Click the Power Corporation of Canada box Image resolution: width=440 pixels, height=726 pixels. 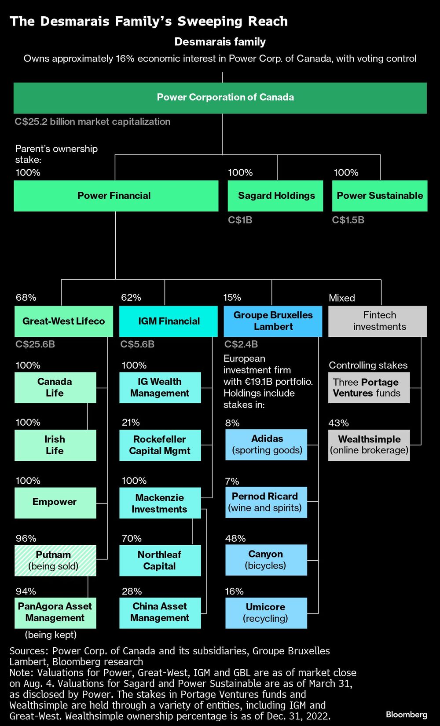click(x=220, y=98)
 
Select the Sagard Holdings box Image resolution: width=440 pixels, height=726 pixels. click(x=275, y=196)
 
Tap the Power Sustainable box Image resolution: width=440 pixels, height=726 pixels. click(x=380, y=196)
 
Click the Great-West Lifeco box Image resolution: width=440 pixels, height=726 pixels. click(x=64, y=321)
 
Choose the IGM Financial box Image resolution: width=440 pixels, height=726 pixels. click(x=168, y=321)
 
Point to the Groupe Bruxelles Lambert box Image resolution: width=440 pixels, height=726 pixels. click(x=273, y=321)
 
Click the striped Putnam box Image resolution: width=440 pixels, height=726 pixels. click(x=55, y=560)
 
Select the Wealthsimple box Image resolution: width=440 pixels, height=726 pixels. click(x=369, y=445)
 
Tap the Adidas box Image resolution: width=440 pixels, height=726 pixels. click(x=266, y=445)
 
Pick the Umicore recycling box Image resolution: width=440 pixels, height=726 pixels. click(x=266, y=613)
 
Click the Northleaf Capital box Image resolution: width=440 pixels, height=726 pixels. click(x=160, y=560)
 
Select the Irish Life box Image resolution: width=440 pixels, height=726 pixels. click(x=55, y=445)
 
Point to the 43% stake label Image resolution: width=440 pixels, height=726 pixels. click(x=338, y=423)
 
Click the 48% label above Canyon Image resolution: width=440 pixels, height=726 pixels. click(x=235, y=538)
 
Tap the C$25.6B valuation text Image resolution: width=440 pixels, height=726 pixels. click(x=35, y=344)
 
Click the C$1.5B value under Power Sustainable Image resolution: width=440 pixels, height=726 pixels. click(x=348, y=220)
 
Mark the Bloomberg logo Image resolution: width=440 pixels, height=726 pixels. click(x=407, y=714)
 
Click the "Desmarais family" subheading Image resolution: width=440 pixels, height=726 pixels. click(x=220, y=42)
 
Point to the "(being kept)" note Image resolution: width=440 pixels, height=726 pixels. click(x=51, y=635)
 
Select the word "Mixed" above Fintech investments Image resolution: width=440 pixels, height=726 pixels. click(x=342, y=298)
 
